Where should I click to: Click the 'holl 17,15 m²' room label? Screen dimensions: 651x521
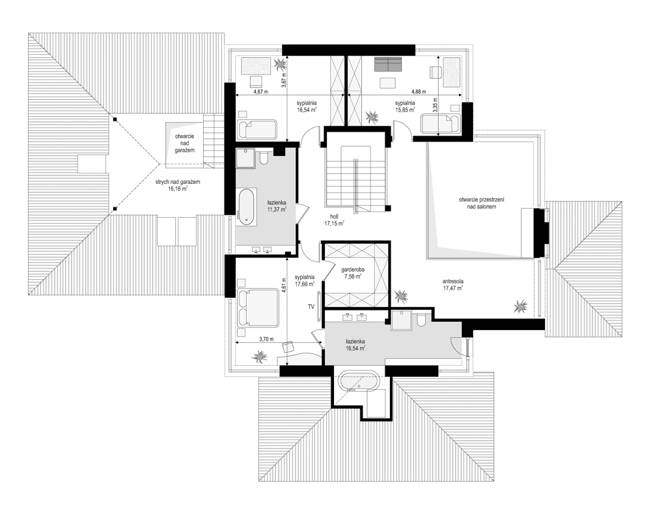click(x=334, y=220)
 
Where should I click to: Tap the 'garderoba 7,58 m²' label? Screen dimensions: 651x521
click(x=352, y=273)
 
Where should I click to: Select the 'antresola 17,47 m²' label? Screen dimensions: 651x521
click(x=452, y=284)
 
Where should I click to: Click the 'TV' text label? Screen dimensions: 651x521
click(x=311, y=307)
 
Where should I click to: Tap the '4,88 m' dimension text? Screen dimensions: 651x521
click(x=419, y=91)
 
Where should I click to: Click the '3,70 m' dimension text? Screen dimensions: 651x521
click(x=266, y=339)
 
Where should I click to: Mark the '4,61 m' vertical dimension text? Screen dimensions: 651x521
click(x=284, y=286)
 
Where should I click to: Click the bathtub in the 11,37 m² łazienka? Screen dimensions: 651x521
click(x=245, y=205)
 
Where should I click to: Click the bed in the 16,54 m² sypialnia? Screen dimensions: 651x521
click(x=257, y=130)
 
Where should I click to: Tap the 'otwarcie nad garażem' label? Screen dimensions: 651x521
click(x=184, y=143)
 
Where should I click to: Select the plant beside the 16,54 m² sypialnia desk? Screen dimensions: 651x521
click(x=279, y=64)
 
